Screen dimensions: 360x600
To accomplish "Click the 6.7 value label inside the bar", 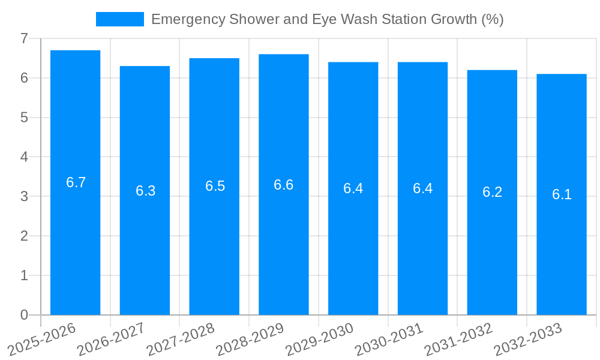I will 76,182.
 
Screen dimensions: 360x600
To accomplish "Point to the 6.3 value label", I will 145,191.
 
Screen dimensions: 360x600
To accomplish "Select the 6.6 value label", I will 283,185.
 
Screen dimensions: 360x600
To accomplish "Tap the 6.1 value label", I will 562,194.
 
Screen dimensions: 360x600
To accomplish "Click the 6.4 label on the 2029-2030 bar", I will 353,188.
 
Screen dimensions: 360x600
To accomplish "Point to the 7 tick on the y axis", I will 24,38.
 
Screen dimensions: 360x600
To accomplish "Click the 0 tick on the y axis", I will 24,315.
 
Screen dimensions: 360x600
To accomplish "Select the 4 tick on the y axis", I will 24,157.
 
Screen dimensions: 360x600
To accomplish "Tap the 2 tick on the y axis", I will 24,236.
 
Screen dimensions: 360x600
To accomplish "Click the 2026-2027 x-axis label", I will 112,339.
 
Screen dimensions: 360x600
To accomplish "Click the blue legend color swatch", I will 120,19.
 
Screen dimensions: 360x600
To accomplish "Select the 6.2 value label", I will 492,192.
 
